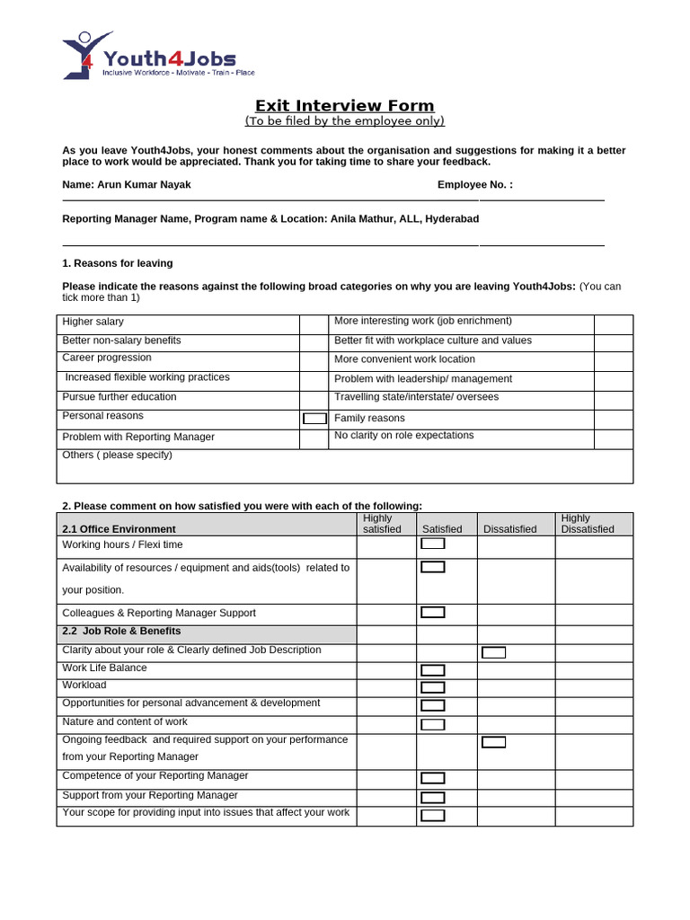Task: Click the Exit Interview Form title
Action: pos(344,106)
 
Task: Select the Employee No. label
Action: pos(475,184)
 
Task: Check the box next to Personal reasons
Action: pos(314,418)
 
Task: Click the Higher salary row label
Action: pos(93,322)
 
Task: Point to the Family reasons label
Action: pos(369,418)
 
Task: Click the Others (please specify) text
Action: pos(117,455)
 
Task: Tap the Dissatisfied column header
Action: pos(509,529)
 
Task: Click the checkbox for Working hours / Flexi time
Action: pos(433,544)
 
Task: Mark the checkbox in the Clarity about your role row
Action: pos(493,652)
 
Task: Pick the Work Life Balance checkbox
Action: pos(433,670)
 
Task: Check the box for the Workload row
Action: pos(433,687)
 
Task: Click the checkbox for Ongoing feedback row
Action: pos(493,742)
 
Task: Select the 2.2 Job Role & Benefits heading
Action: pos(121,632)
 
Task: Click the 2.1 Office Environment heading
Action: pos(119,529)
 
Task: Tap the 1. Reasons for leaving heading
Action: pos(118,263)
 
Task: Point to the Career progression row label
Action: pos(107,358)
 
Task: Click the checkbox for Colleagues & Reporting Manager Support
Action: pos(433,613)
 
